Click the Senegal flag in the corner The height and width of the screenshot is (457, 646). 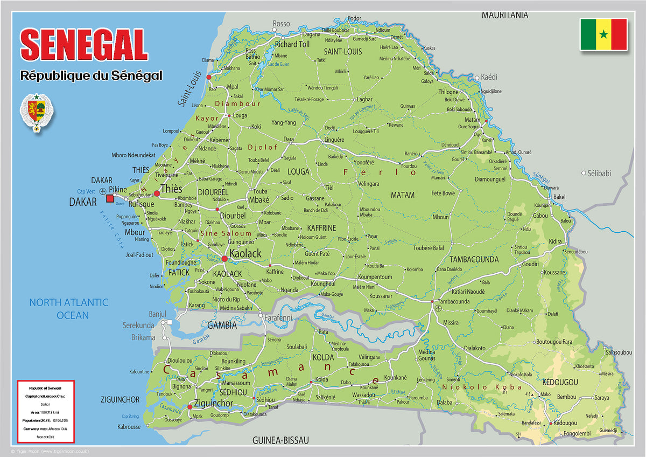[603, 34]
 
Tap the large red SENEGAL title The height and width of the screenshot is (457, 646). [84, 45]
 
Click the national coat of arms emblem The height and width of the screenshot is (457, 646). [37, 112]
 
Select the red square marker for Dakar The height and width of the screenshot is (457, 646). [110, 199]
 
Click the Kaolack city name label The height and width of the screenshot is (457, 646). [245, 253]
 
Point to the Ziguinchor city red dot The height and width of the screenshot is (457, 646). [189, 407]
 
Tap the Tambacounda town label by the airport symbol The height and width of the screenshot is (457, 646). [453, 301]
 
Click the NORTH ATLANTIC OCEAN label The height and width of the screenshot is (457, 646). [68, 309]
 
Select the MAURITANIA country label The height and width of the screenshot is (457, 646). [504, 15]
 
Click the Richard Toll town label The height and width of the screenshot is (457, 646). [292, 44]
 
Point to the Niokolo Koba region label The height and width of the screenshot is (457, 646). [481, 387]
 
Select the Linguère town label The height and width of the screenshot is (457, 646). [334, 140]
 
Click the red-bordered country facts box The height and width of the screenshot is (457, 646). [45, 411]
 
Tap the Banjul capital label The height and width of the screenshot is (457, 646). [158, 314]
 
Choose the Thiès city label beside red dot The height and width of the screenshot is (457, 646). [171, 189]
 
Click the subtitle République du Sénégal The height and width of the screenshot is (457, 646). [91, 75]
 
